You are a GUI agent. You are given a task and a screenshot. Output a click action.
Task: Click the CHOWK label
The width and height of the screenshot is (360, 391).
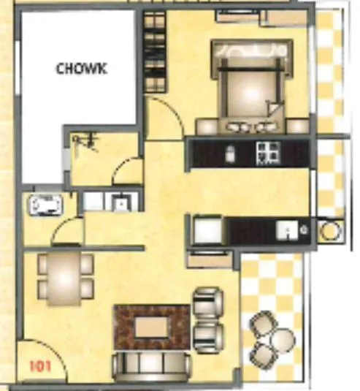click(x=82, y=69)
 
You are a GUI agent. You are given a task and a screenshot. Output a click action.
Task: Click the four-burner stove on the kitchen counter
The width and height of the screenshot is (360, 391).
click(x=267, y=152)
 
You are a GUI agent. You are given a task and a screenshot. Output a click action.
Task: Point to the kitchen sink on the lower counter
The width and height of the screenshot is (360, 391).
click(x=290, y=232)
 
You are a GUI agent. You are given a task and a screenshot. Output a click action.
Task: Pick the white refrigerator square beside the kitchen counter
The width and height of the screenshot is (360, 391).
click(x=207, y=230)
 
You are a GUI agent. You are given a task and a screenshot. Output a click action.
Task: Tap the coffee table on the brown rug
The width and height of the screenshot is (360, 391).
click(x=153, y=325)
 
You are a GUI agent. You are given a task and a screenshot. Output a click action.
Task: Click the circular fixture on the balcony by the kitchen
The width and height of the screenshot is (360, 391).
click(x=330, y=232)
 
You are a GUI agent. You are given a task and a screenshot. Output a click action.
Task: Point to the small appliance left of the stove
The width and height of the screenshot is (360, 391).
click(x=231, y=153)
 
